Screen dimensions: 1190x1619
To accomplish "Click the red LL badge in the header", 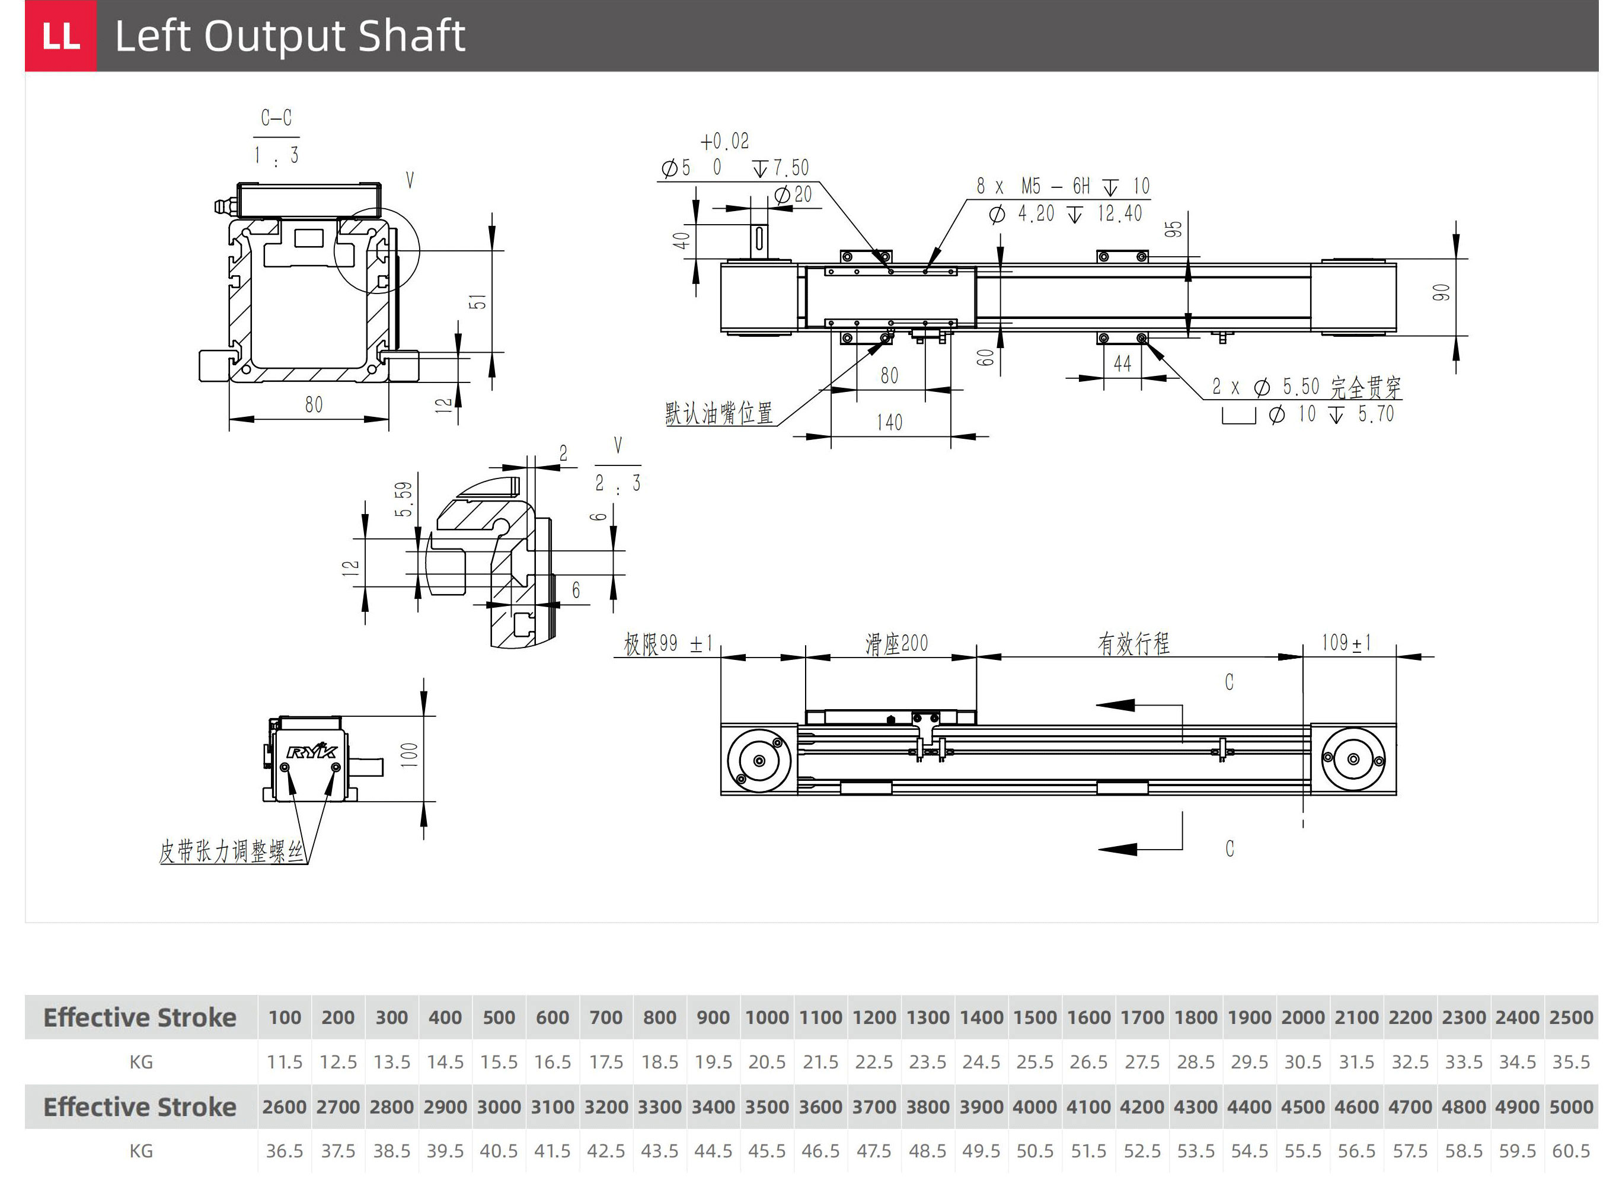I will click(x=60, y=36).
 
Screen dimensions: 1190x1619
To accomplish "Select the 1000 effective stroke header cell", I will click(x=767, y=1017).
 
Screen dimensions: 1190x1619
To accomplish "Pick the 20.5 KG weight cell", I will click(x=767, y=1062).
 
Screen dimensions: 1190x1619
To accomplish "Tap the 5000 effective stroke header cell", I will click(x=1571, y=1106).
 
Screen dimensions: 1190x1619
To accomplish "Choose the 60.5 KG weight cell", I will click(x=1571, y=1151).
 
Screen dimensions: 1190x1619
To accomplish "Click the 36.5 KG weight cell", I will click(x=285, y=1151).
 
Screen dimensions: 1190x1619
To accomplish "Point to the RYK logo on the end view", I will click(x=311, y=751).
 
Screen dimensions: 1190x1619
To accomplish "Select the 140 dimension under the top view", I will click(x=889, y=422).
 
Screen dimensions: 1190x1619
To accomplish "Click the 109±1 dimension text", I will click(x=1345, y=643).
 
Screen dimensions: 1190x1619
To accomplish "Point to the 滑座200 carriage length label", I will click(x=896, y=643).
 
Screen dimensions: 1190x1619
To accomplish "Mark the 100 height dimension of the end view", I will click(x=409, y=755).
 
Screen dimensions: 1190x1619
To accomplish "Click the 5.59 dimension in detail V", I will click(x=404, y=499).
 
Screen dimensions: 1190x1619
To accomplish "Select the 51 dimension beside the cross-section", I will click(x=477, y=302).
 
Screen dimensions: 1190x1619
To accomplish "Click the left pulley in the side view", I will click(x=758, y=761).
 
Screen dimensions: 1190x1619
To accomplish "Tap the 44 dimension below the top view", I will click(x=1122, y=365).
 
